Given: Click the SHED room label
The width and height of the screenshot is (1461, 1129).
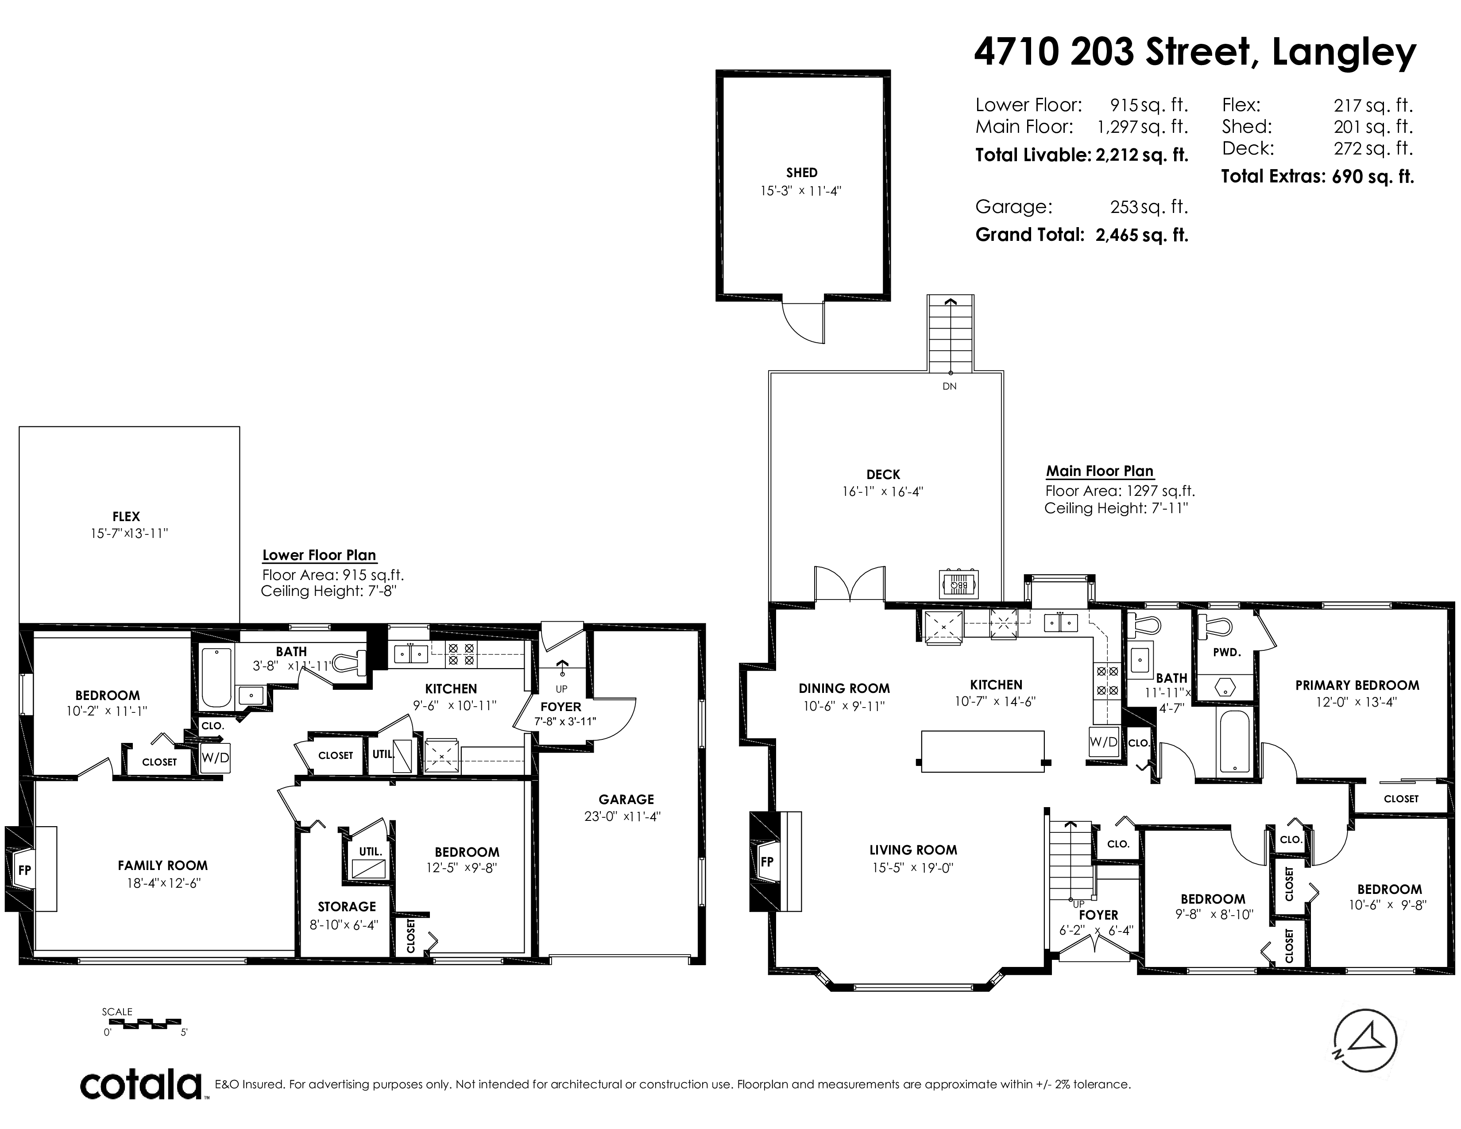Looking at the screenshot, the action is (801, 173).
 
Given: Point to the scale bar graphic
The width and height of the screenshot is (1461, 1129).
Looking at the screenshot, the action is (141, 1023).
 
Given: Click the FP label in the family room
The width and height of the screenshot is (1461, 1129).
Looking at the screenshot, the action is (25, 870).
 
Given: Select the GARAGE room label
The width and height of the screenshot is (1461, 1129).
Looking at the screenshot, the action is (626, 799).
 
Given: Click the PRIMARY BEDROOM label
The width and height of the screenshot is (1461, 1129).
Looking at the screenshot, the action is (1357, 685).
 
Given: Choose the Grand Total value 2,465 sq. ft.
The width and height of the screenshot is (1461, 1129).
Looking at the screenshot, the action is (1142, 235).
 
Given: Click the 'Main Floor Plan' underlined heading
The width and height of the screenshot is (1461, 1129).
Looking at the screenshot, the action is (1100, 471).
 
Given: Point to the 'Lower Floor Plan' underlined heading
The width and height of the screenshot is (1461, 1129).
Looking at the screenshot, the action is (319, 555).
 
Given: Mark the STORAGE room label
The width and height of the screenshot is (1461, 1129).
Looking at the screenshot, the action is (347, 907).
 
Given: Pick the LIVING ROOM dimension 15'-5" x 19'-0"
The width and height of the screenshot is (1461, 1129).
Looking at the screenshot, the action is (913, 868).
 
